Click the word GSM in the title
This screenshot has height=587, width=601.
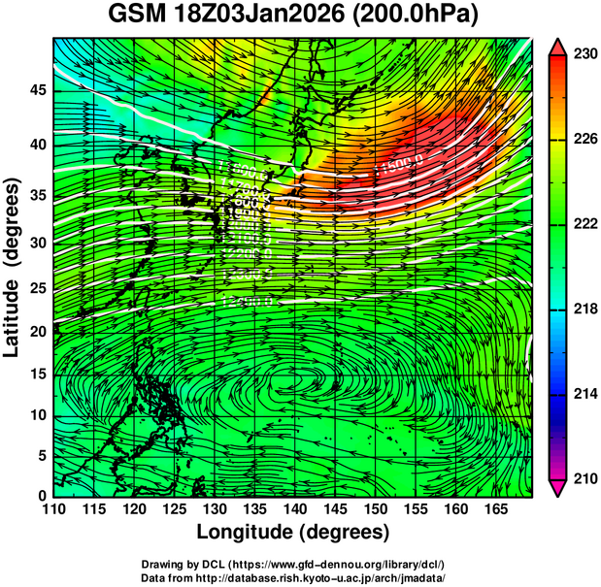(137, 16)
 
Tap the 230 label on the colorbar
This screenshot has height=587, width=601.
(584, 55)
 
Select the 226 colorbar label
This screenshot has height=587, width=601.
(584, 140)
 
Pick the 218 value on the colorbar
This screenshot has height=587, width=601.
(584, 310)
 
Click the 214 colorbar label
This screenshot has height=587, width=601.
(584, 394)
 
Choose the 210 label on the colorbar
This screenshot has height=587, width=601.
(584, 478)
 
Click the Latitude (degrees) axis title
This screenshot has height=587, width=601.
(15, 266)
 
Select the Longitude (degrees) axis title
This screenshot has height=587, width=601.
(293, 532)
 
